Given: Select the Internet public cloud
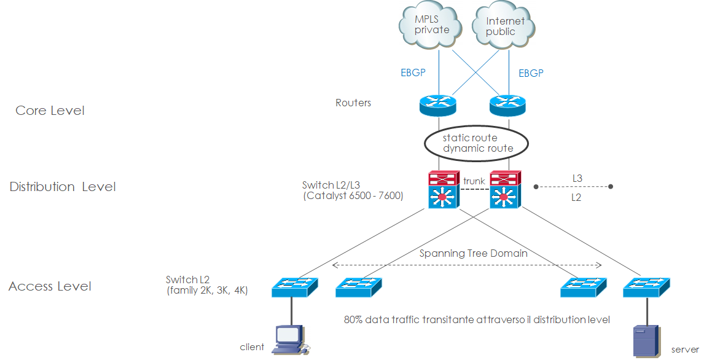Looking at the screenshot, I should (504, 26).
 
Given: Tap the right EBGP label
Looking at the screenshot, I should (531, 73).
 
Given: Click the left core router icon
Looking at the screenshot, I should (439, 104).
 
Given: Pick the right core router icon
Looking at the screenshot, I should (508, 104).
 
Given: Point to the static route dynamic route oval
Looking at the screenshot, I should (477, 143).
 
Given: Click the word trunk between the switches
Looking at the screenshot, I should (474, 181).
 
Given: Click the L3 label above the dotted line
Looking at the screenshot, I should (577, 178).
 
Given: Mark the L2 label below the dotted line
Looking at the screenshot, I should (577, 198).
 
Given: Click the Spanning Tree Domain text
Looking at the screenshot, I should (473, 253).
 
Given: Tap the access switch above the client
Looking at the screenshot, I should (295, 287).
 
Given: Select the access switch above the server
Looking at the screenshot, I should (646, 287).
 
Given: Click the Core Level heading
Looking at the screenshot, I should (50, 111).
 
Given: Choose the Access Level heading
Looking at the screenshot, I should (50, 286).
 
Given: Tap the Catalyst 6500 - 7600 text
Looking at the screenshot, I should (353, 196).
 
